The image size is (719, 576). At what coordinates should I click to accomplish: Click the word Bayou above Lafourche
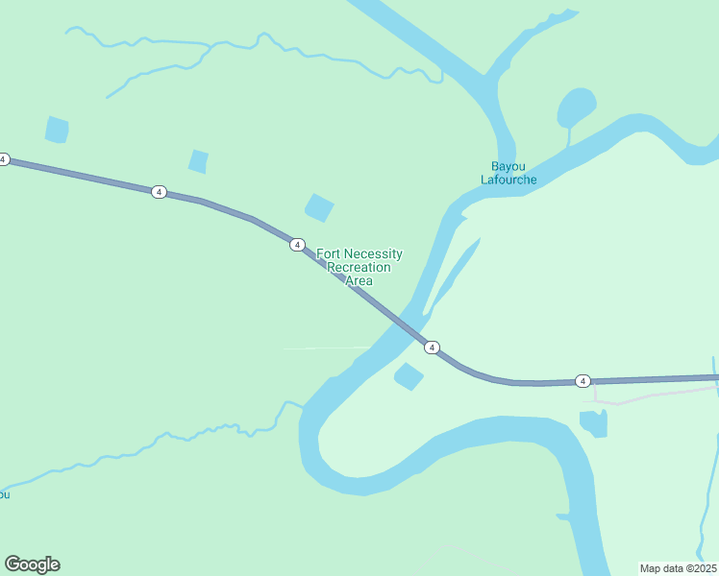pyautogui.click(x=508, y=165)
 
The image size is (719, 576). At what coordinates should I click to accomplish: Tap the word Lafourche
pyautogui.click(x=508, y=180)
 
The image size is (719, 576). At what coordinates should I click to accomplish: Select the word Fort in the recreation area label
pyautogui.click(x=330, y=254)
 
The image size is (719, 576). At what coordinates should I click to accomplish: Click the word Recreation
pyautogui.click(x=359, y=268)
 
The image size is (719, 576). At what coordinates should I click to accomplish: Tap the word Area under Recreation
pyautogui.click(x=359, y=281)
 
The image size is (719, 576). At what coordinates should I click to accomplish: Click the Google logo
pyautogui.click(x=32, y=564)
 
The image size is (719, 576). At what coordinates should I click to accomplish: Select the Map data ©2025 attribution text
pyautogui.click(x=677, y=568)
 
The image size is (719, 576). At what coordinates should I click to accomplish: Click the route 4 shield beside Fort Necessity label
pyautogui.click(x=297, y=245)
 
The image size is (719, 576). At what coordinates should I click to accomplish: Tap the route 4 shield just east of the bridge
pyautogui.click(x=433, y=347)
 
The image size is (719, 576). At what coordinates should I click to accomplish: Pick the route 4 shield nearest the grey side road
pyautogui.click(x=583, y=381)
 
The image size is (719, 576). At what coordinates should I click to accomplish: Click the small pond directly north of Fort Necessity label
pyautogui.click(x=319, y=207)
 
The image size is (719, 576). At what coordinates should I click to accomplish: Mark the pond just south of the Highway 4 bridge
pyautogui.click(x=409, y=376)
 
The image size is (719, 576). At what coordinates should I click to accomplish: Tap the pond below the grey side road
pyautogui.click(x=594, y=421)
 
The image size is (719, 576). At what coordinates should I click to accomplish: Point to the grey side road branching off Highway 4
pyautogui.click(x=654, y=395)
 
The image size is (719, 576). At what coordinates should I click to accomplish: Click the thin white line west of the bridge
pyautogui.click(x=327, y=348)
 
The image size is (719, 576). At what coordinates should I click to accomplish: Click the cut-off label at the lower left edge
pyautogui.click(x=4, y=494)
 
